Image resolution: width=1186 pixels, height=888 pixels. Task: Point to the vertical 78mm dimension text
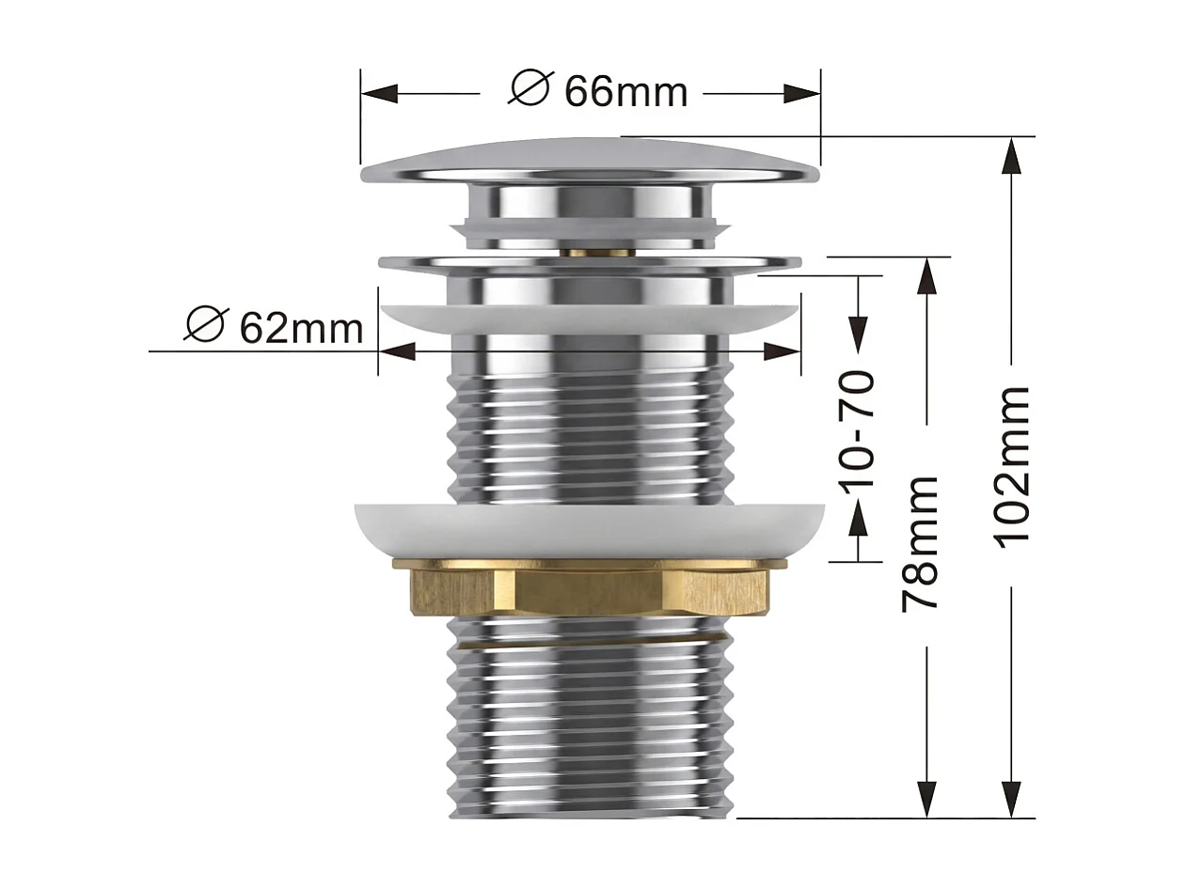pos(920,543)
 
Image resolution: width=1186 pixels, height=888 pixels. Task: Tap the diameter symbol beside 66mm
pos(529,86)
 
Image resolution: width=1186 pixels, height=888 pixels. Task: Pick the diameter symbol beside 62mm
pos(205,324)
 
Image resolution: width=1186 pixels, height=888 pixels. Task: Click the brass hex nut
pos(589,588)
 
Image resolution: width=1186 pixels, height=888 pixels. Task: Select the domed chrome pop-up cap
pos(590,161)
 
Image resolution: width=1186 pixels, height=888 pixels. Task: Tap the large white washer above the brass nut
pos(590,531)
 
